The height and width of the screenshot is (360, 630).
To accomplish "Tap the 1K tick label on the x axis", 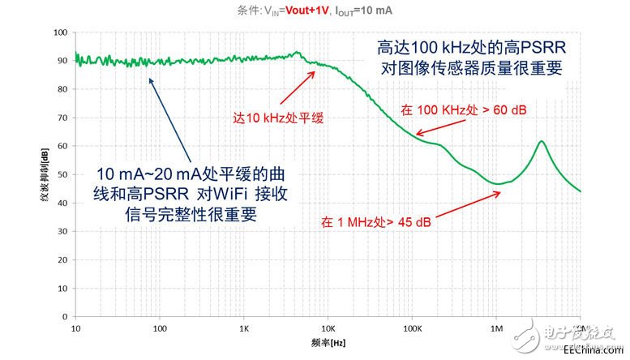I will pyautogui.click(x=244, y=329).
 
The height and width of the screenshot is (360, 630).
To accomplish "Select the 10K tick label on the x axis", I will pyautogui.click(x=328, y=329).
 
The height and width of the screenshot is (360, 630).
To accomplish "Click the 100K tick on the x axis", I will pyautogui.click(x=412, y=329).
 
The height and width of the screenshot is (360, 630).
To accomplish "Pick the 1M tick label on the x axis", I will pyautogui.click(x=496, y=329).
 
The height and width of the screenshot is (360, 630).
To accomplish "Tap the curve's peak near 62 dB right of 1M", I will pyautogui.click(x=540, y=141).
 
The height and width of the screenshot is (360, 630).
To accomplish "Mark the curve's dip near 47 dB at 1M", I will pyautogui.click(x=499, y=184).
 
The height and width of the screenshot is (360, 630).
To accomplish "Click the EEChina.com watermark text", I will pyautogui.click(x=596, y=349).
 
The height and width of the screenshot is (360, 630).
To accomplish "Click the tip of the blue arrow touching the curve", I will pyautogui.click(x=149, y=78).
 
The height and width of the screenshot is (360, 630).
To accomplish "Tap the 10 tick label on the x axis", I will pyautogui.click(x=75, y=329).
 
